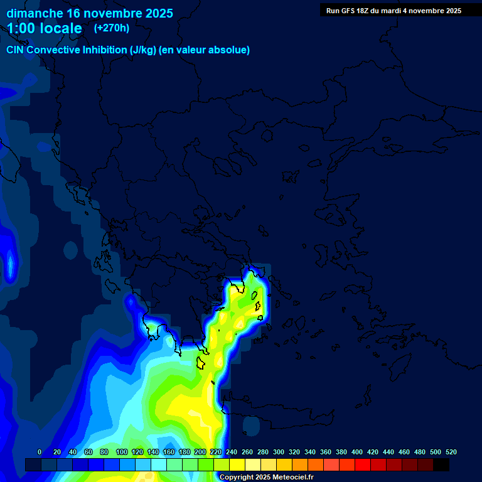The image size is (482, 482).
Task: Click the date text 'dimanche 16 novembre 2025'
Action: tap(90, 13)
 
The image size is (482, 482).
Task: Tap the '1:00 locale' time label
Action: tap(45, 28)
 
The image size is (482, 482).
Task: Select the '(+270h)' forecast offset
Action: tap(112, 28)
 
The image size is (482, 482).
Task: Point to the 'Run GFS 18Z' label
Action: tap(349, 11)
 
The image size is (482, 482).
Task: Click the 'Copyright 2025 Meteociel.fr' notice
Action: tap(266, 477)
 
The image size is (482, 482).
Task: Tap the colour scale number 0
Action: tap(40, 452)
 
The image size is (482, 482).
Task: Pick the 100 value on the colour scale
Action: tap(122, 452)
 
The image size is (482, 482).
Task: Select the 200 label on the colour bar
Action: tap(200, 452)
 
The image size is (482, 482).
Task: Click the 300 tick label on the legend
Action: tap(279, 452)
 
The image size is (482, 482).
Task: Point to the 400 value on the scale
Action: tap(357, 452)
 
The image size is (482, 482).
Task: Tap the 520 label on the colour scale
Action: tap(451, 452)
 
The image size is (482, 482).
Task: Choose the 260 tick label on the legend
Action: tap(247, 452)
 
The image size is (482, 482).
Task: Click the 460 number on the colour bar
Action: tap(404, 452)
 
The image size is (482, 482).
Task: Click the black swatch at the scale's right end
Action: tap(441, 464)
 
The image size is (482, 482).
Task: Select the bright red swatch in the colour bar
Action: tap(363, 464)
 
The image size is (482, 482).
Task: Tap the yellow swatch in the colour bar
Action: tap(237, 464)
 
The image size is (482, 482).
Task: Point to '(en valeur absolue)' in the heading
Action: tap(205, 50)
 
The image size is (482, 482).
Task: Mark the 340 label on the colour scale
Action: tap(310, 452)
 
